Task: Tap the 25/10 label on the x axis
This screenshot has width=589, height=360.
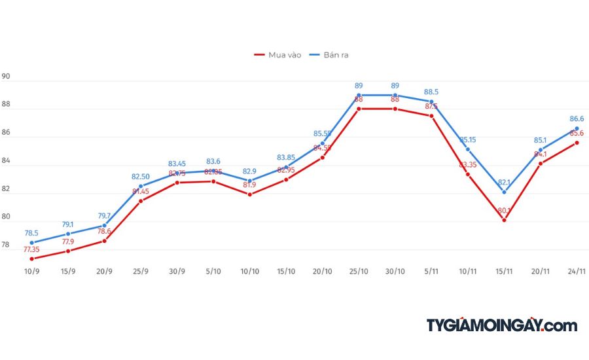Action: pyautogui.click(x=359, y=271)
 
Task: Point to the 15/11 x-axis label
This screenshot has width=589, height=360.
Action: pyautogui.click(x=504, y=271)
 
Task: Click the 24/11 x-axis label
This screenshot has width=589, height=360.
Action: pyautogui.click(x=577, y=271)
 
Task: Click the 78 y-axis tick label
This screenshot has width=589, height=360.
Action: pyautogui.click(x=7, y=245)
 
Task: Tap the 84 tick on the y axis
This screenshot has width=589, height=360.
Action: pyautogui.click(x=7, y=161)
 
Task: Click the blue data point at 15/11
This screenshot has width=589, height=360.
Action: pyautogui.click(x=504, y=192)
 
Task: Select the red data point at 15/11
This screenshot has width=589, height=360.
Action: pyautogui.click(x=504, y=220)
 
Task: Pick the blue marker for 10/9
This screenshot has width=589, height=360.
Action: pyautogui.click(x=31, y=243)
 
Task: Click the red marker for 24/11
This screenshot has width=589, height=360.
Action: pyautogui.click(x=577, y=143)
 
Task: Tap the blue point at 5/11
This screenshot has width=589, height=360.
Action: pyautogui.click(x=431, y=101)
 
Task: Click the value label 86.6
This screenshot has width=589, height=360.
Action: pyautogui.click(x=577, y=119)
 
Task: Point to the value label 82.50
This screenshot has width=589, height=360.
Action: pyautogui.click(x=141, y=177)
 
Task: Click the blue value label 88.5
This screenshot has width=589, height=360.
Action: pyautogui.click(x=431, y=92)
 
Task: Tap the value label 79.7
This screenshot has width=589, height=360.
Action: pyautogui.click(x=104, y=216)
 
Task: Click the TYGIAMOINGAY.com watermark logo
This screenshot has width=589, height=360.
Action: pyautogui.click(x=502, y=325)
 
